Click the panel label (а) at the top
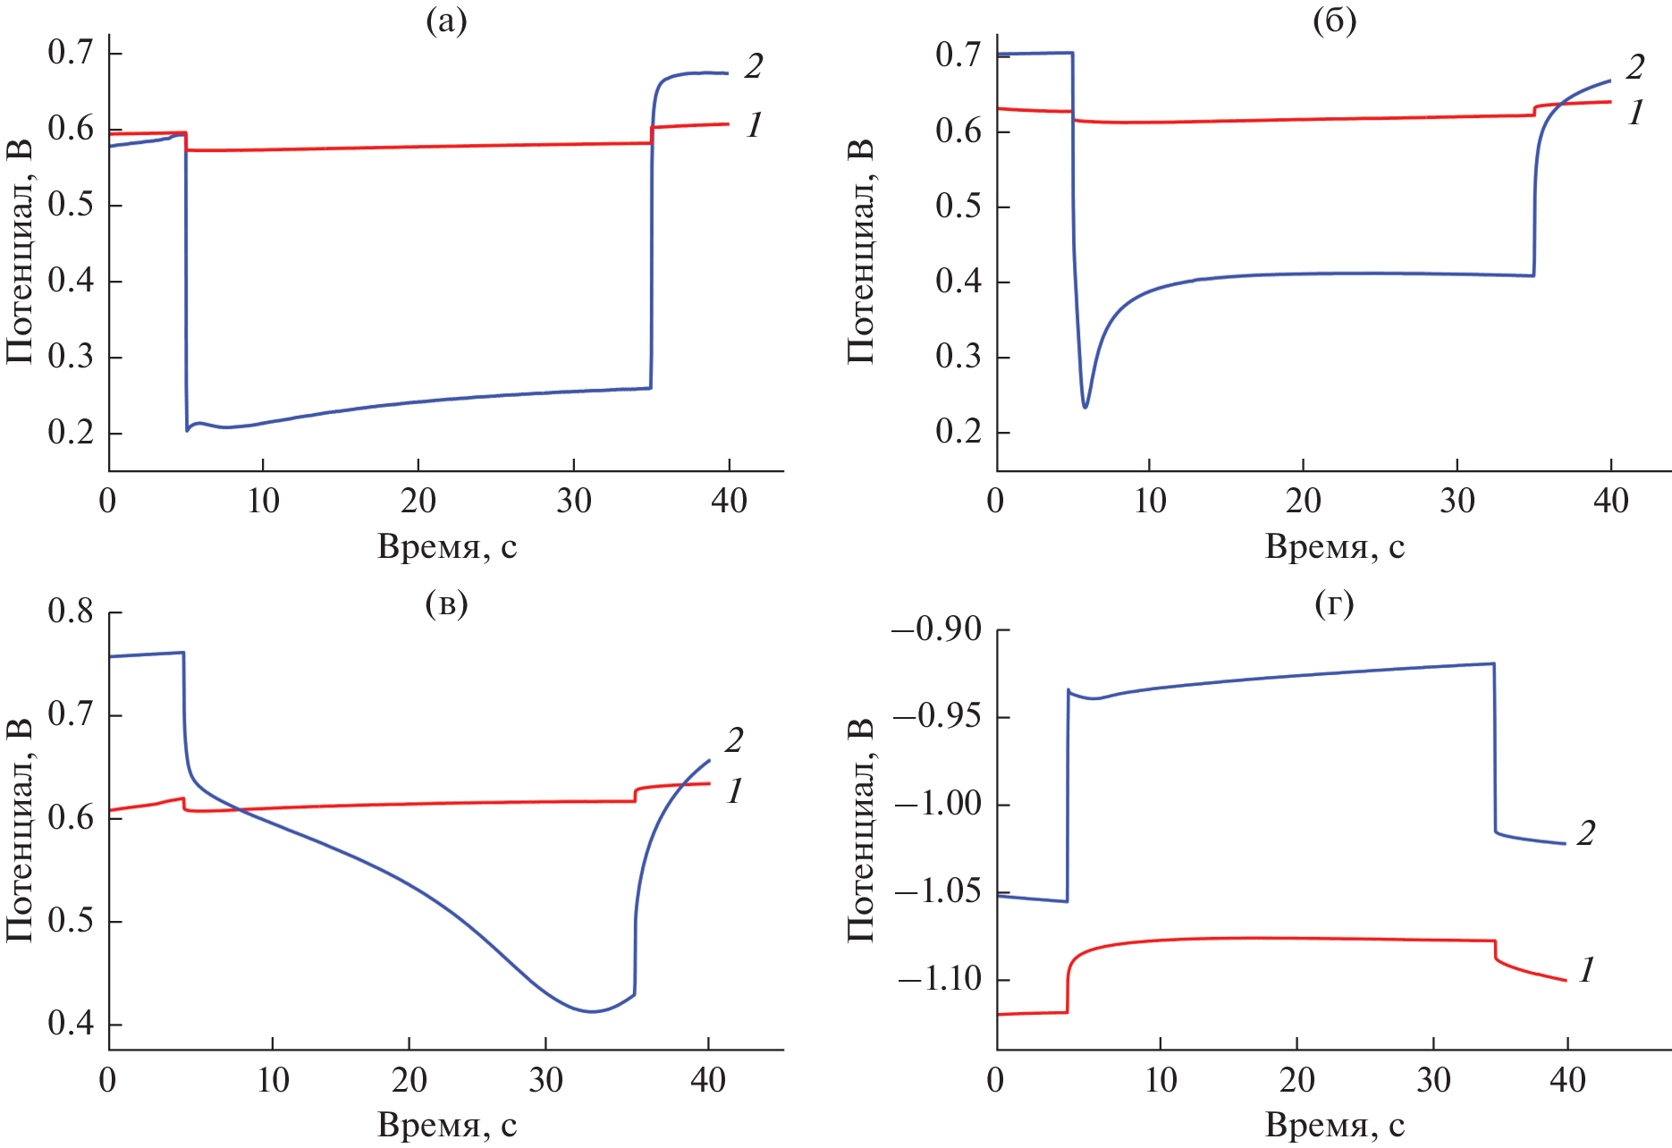pos(446,21)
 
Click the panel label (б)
pos(1334,21)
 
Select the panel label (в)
pos(446,604)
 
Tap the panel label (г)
pos(1334,604)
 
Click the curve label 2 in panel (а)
pos(753,66)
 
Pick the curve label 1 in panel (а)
pos(754,125)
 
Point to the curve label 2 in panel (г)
pos(1585,833)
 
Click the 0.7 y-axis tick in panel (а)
pos(71,54)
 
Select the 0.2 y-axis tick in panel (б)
pos(958,432)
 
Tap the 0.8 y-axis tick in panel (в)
pos(71,612)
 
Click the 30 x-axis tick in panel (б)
pos(1457,501)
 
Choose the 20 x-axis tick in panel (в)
pos(409,1080)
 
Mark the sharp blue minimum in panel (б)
pos(1085,407)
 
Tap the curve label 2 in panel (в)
pos(734,740)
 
